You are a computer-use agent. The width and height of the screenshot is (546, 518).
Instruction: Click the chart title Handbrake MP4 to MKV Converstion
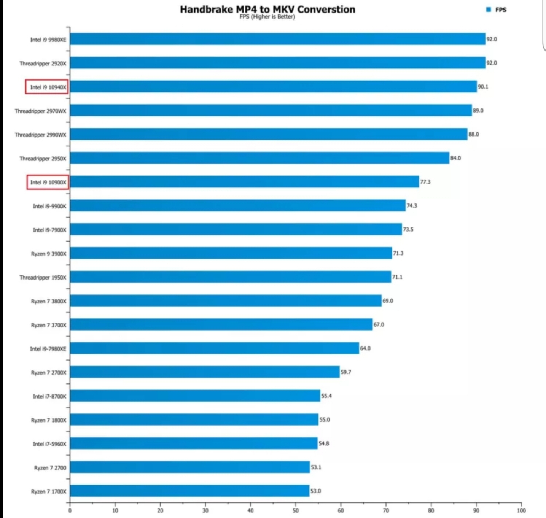(x=267, y=10)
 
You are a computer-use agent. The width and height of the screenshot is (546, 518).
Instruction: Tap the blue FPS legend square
(x=489, y=10)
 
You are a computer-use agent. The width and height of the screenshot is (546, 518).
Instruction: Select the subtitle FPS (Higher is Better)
(x=267, y=17)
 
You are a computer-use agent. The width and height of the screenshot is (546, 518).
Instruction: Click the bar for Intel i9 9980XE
(x=277, y=39)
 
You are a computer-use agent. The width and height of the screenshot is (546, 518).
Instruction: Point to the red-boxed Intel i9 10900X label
(x=48, y=182)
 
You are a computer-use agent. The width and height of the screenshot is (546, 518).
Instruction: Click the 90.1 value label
(x=483, y=87)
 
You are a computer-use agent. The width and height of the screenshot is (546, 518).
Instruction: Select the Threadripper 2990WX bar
(x=269, y=134)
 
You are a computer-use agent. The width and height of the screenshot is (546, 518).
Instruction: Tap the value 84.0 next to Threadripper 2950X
(x=455, y=158)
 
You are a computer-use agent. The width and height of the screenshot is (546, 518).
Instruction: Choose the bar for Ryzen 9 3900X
(x=231, y=253)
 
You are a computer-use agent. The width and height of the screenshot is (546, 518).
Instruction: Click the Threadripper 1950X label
(x=43, y=277)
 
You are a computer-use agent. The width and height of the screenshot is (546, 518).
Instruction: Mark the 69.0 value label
(x=388, y=300)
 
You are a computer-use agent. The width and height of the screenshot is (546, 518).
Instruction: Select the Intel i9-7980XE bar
(x=214, y=348)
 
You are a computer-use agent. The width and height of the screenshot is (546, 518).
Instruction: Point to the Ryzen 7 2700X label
(x=49, y=373)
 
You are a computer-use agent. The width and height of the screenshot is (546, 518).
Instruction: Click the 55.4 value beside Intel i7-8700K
(x=326, y=396)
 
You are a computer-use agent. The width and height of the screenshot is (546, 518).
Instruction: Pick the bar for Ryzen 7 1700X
(x=189, y=491)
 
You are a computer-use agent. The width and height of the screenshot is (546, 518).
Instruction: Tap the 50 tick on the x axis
(x=296, y=510)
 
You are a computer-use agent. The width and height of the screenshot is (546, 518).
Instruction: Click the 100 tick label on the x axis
(x=521, y=510)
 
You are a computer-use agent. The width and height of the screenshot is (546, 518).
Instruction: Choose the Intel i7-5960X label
(x=49, y=444)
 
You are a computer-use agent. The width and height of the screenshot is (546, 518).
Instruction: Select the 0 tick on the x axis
(x=70, y=510)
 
